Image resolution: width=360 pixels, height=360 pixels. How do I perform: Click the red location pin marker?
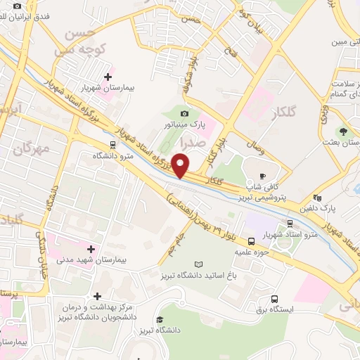[x=181, y=166]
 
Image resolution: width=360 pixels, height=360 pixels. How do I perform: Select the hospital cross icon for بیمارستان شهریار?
[x=108, y=77]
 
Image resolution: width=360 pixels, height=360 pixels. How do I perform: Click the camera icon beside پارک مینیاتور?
[x=184, y=113]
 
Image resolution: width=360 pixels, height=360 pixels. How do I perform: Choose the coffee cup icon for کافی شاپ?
[x=262, y=176]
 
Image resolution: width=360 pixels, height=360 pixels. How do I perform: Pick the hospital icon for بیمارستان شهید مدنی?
[x=91, y=247]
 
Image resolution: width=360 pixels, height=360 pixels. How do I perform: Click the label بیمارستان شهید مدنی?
[x=91, y=259]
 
